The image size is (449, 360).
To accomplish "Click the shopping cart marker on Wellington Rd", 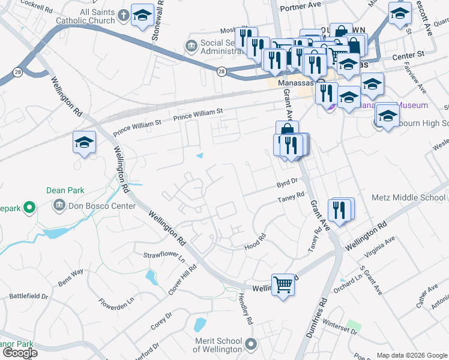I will point(283,284).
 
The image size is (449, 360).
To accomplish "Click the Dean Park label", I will point(64,191).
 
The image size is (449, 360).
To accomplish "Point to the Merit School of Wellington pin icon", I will point(252,344).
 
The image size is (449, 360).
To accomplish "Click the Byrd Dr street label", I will point(287,181).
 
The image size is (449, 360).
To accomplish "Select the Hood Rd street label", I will point(255,246).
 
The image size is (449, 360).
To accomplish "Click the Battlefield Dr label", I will point(28,296).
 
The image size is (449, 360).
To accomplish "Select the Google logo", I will point(20,353).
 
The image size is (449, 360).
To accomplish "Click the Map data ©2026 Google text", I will point(411,355).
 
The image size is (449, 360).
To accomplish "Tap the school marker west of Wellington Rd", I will point(84,143).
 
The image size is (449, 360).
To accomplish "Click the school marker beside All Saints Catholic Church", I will point(142,16).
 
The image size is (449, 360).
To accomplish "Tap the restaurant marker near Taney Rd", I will point(341,211).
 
